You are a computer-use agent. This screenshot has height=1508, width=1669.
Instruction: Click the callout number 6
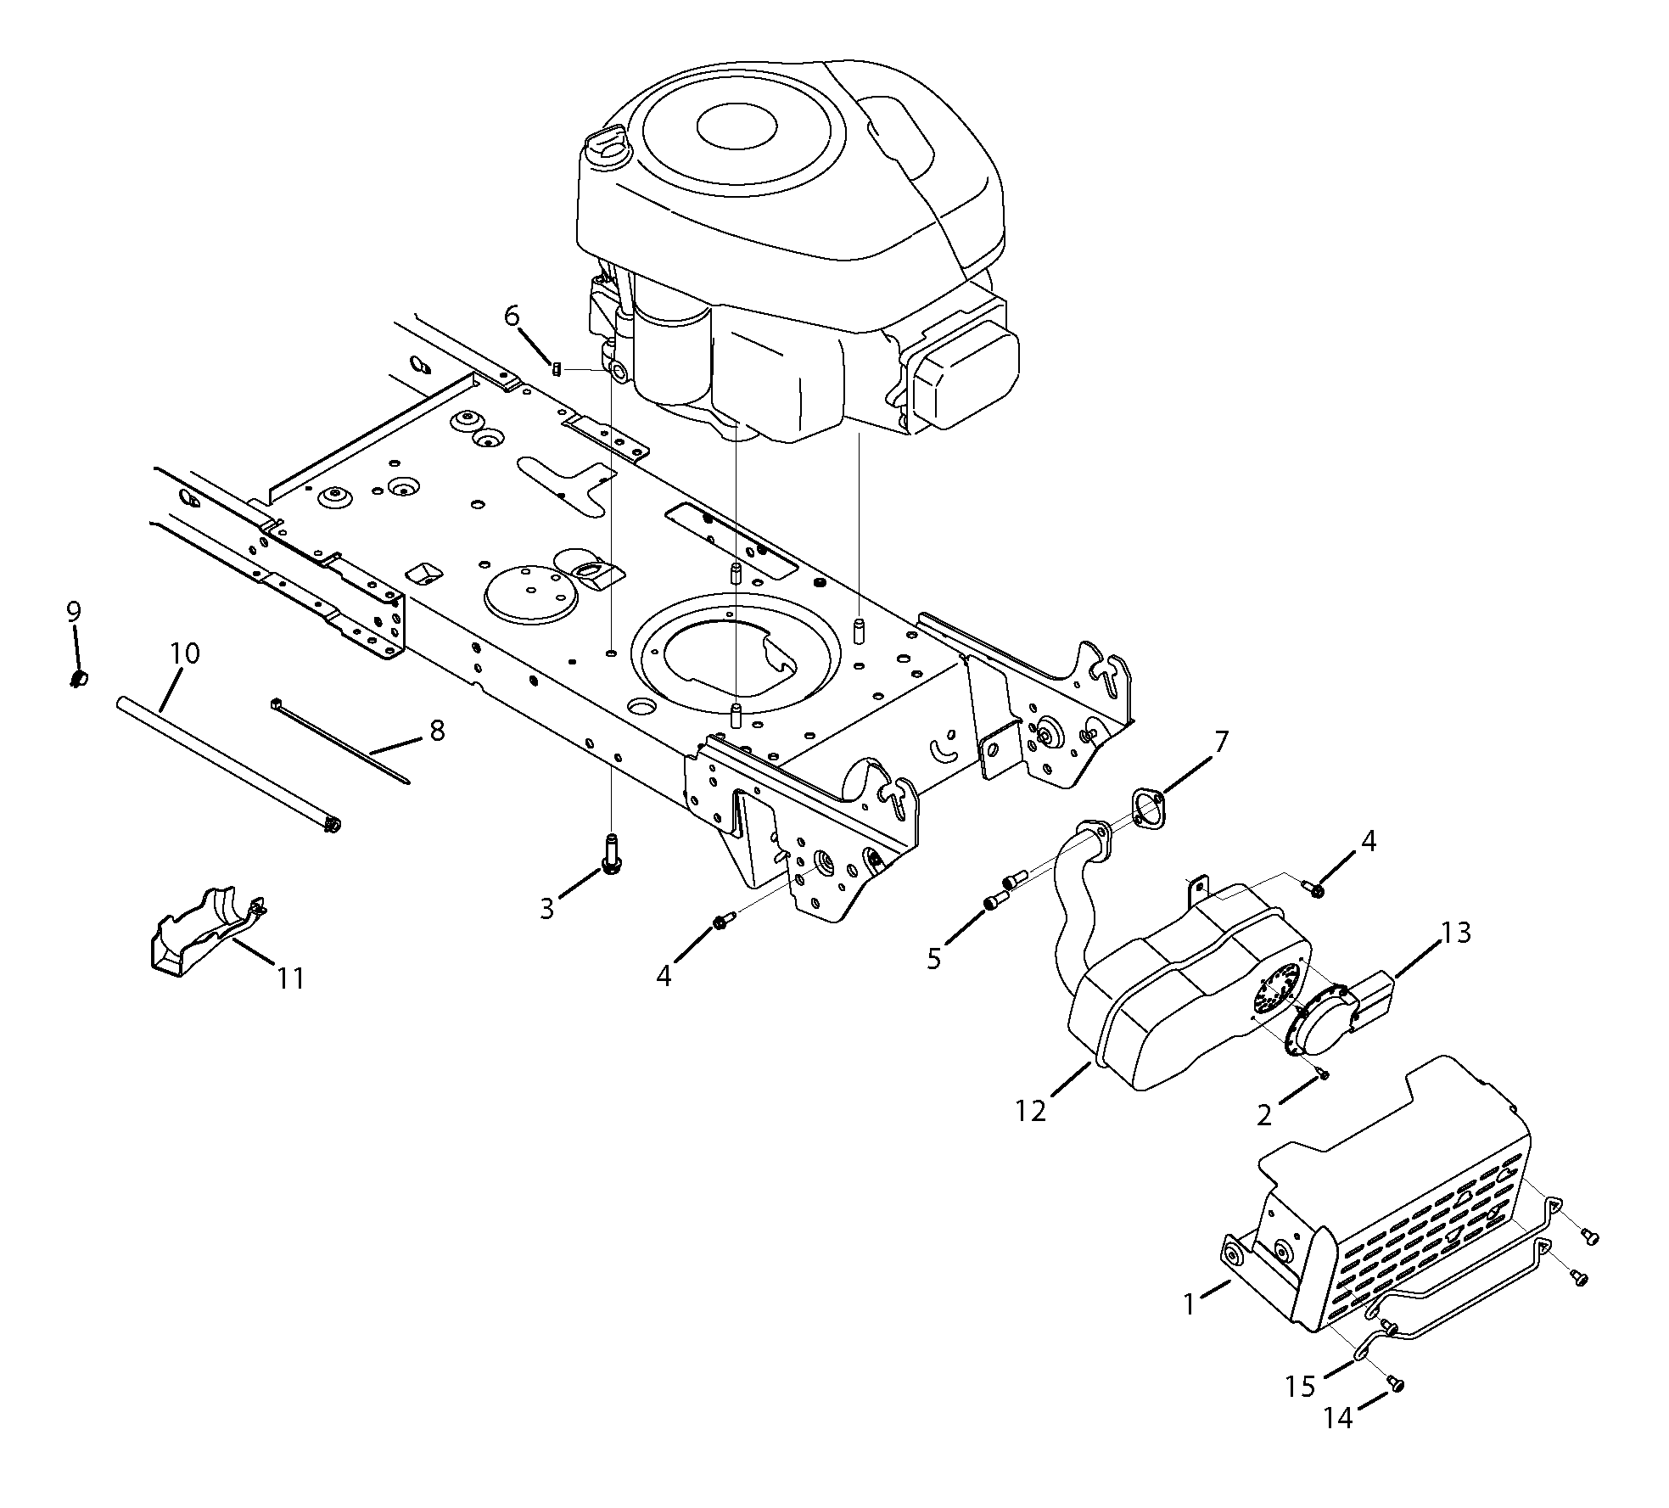click(x=512, y=317)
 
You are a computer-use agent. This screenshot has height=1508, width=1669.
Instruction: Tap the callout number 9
click(x=74, y=612)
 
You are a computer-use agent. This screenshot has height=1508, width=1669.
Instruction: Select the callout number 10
click(x=185, y=654)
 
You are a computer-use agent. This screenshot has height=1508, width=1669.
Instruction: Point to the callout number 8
click(x=437, y=731)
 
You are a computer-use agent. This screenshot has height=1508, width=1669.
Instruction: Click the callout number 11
click(x=290, y=978)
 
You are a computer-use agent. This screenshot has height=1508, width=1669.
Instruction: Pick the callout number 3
click(x=547, y=909)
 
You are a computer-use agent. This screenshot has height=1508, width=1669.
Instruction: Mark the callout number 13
click(x=1455, y=933)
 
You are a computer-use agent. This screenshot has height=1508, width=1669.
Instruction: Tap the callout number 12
click(x=1031, y=1111)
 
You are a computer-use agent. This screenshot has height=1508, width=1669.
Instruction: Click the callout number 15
click(x=1300, y=1387)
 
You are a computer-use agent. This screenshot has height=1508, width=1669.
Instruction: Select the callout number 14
click(x=1338, y=1418)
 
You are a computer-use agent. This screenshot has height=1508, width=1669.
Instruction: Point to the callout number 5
click(x=934, y=959)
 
